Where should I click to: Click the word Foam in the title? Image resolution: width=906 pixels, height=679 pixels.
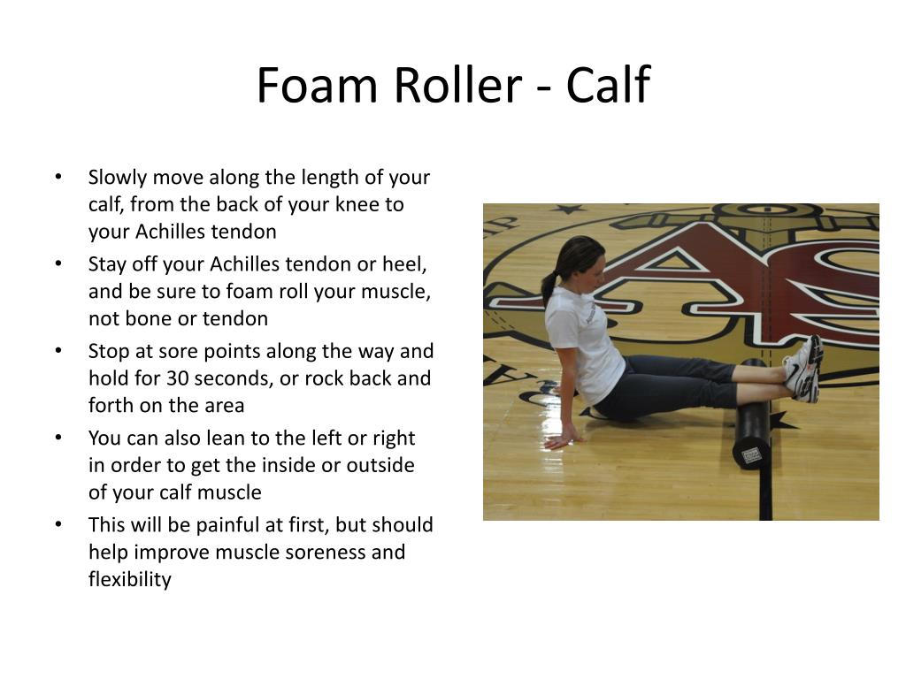click(317, 85)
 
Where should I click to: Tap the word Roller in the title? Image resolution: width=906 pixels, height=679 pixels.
click(458, 85)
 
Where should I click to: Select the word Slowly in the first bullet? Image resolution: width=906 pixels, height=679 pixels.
click(118, 178)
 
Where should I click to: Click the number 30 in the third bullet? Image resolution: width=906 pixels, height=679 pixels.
click(178, 378)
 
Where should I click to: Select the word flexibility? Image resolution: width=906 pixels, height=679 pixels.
click(130, 580)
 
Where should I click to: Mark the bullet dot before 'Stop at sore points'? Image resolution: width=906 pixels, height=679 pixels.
click(58, 351)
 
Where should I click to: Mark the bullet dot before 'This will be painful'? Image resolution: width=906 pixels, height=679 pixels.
click(58, 525)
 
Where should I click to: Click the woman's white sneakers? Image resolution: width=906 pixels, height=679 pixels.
click(803, 370)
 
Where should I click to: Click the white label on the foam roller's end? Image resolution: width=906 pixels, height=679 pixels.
click(751, 455)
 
